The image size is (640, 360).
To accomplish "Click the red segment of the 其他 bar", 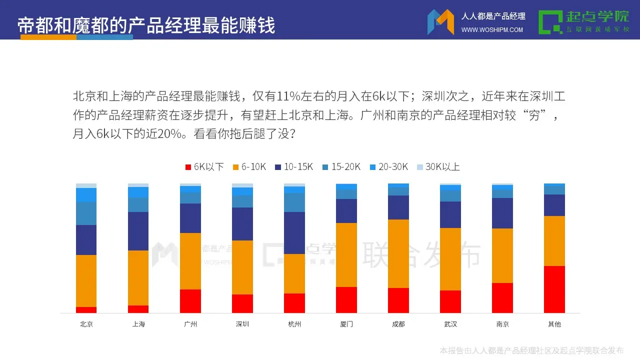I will coord(554,289).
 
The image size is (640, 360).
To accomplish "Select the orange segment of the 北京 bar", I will coord(86,281).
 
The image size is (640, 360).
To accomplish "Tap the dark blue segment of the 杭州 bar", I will coord(294,233).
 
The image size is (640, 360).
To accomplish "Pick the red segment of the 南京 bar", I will coord(502,298).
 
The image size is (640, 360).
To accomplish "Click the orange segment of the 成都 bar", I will coord(398,253).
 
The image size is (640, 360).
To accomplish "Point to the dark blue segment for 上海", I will coord(138,231).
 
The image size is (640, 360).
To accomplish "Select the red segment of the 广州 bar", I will coord(190,301).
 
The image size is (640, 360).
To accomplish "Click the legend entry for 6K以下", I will coord(204,167).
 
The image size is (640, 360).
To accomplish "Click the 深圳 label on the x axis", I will coord(242,324).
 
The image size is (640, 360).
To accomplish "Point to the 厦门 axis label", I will coord(346,324).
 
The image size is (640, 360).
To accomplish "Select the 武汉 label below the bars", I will coord(450,324).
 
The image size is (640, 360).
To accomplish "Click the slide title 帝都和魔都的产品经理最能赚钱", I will coord(146,25).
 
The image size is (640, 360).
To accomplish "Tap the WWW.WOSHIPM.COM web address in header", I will coord(492,30).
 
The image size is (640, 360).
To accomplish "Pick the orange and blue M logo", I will coord(440,22).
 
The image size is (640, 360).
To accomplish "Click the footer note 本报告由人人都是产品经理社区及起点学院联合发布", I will coord(531,350).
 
